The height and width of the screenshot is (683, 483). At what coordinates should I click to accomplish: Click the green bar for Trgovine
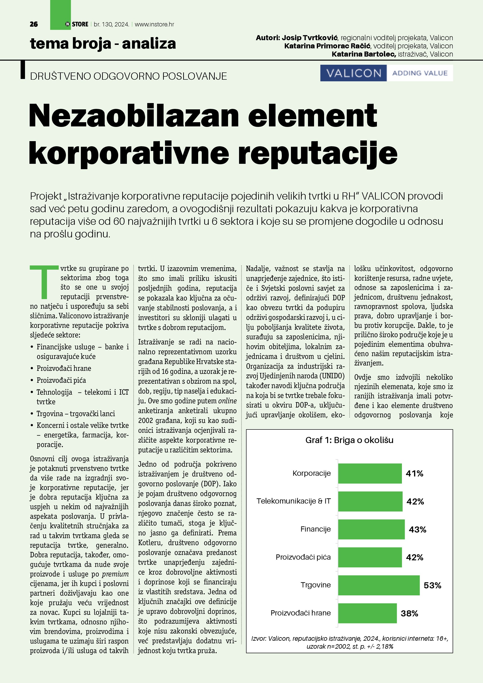click(x=379, y=585)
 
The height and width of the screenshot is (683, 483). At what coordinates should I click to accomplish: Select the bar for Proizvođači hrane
click(x=367, y=613)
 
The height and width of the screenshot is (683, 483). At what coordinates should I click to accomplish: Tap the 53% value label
click(x=432, y=585)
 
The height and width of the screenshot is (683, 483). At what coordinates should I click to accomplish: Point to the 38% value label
click(x=409, y=613)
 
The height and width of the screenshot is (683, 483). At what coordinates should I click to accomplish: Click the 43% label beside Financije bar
click(x=417, y=529)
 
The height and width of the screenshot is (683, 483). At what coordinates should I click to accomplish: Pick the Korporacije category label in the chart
click(x=311, y=473)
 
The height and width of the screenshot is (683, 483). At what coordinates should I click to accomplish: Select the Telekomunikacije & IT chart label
click(x=293, y=501)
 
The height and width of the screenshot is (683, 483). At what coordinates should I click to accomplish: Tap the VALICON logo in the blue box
click(x=353, y=73)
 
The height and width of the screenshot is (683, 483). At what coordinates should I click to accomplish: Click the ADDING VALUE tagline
click(x=420, y=73)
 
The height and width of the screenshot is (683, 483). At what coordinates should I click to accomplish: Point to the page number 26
click(x=34, y=24)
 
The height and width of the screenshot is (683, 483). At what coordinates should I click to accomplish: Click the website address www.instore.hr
click(x=154, y=24)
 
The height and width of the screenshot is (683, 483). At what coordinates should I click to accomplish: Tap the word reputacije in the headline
click(x=318, y=153)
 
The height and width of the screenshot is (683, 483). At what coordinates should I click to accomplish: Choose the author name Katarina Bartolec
click(x=363, y=54)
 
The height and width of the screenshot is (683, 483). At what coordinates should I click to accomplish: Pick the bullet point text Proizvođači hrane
click(x=64, y=368)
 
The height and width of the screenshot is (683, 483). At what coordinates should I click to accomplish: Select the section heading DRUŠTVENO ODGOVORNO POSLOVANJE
click(x=129, y=76)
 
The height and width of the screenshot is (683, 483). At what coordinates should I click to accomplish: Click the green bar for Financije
click(x=371, y=529)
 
